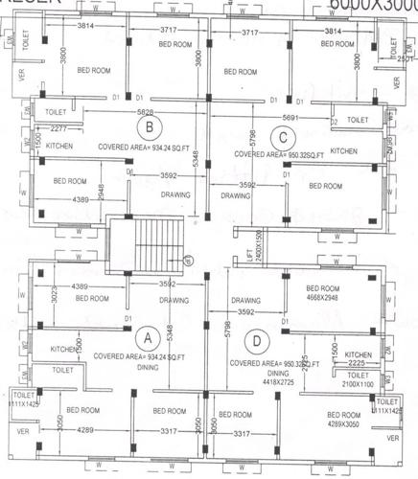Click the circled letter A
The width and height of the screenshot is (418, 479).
click(147, 337)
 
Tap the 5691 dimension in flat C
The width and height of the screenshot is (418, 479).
click(282, 118)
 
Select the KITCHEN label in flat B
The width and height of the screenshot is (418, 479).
click(59, 146)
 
